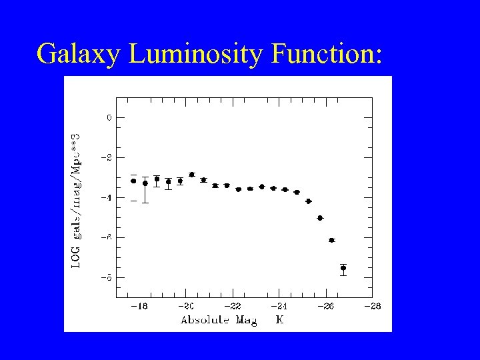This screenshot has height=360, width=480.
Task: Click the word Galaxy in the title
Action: [79, 53]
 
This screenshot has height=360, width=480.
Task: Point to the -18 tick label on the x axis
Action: [139, 306]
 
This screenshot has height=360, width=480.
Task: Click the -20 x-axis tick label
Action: [186, 306]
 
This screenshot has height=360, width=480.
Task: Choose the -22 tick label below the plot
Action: [233, 306]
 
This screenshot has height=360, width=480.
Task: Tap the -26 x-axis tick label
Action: [325, 306]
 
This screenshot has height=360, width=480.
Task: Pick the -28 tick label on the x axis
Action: [372, 306]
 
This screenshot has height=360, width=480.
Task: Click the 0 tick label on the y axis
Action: [110, 117]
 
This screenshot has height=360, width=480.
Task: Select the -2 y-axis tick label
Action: [108, 157]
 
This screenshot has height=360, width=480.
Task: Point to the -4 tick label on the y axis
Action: [108, 197]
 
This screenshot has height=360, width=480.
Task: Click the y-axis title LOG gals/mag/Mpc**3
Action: [76, 199]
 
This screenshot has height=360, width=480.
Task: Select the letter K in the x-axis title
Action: [280, 320]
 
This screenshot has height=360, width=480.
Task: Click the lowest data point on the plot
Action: [343, 268]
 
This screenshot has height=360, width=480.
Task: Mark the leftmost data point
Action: [133, 181]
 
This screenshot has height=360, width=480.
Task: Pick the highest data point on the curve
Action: [192, 175]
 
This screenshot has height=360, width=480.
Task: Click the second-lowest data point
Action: [331, 240]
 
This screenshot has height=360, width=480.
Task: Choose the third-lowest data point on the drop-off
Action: [320, 218]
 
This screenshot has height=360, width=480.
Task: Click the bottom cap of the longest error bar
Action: [145, 203]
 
